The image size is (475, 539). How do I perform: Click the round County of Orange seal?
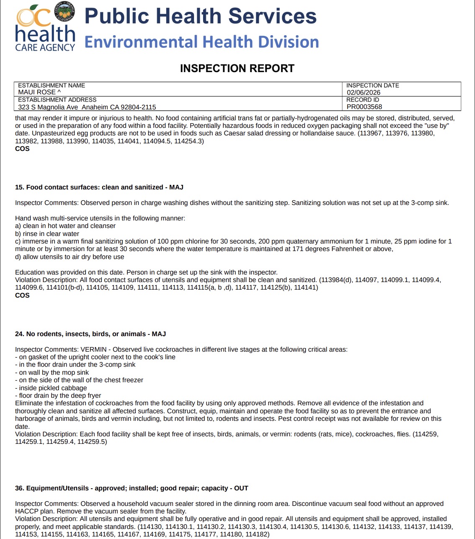(65, 12)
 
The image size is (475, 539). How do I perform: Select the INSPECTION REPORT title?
(237, 68)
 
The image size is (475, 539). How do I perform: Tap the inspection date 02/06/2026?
(363, 92)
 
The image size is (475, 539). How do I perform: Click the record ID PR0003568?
(364, 107)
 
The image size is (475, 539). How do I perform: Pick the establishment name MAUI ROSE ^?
(39, 92)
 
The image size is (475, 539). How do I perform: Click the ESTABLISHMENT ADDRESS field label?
(57, 100)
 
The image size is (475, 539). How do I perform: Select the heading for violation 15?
(99, 187)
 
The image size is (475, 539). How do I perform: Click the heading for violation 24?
(90, 334)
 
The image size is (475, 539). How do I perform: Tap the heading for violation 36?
(132, 488)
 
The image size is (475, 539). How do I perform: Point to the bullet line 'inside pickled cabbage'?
(53, 388)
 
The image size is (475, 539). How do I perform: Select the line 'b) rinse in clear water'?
(47, 234)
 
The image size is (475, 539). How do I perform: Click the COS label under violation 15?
(22, 295)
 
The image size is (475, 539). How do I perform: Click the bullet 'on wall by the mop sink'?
(54, 373)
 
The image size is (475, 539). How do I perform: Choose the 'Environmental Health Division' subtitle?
(201, 42)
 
